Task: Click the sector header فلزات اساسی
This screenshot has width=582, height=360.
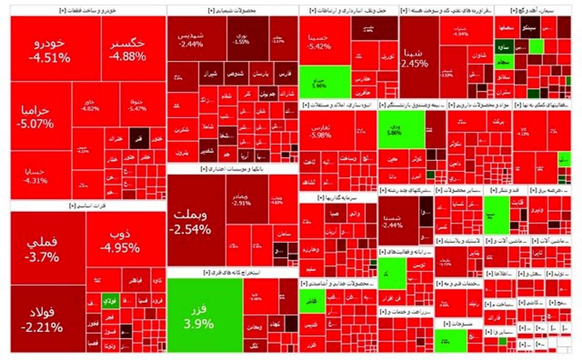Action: point(88,206)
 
